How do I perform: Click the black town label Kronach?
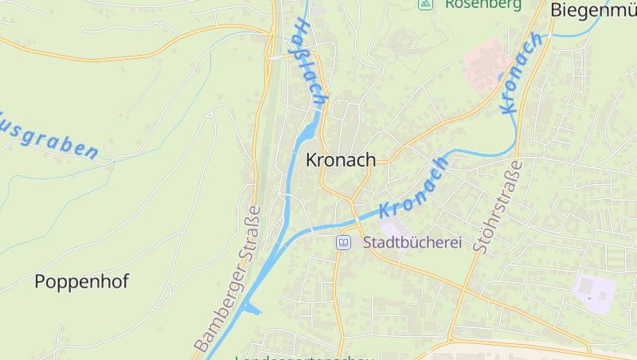(340, 160)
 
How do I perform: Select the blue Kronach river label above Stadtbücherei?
(414, 187)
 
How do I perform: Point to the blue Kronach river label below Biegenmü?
(522, 72)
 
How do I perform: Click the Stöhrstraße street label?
(498, 206)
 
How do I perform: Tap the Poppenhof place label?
(81, 281)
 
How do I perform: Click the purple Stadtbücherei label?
(412, 242)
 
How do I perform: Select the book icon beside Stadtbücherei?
(343, 242)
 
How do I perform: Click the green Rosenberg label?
(483, 4)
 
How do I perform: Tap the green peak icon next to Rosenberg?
(425, 4)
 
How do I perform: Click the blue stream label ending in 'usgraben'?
(48, 140)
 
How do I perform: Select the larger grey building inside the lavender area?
(602, 295)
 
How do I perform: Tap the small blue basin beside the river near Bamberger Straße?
(252, 309)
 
